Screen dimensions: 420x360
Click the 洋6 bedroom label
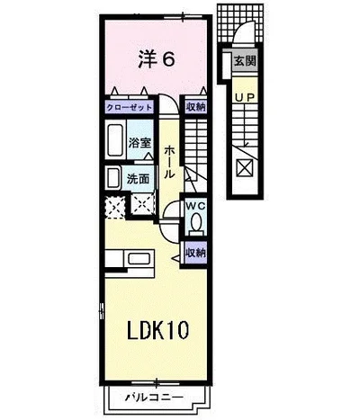click(x=155, y=59)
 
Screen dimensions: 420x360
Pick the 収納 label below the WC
click(x=195, y=253)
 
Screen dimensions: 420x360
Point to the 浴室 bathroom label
click(x=139, y=143)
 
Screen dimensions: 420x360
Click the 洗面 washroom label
click(x=139, y=177)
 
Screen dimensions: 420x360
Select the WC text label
click(x=196, y=206)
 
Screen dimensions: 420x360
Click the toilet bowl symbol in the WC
click(x=197, y=223)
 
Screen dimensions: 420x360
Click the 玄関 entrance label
click(x=244, y=62)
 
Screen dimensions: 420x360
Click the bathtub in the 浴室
click(x=114, y=142)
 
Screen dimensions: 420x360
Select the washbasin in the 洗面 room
click(x=113, y=176)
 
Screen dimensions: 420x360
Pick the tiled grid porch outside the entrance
click(x=244, y=17)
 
